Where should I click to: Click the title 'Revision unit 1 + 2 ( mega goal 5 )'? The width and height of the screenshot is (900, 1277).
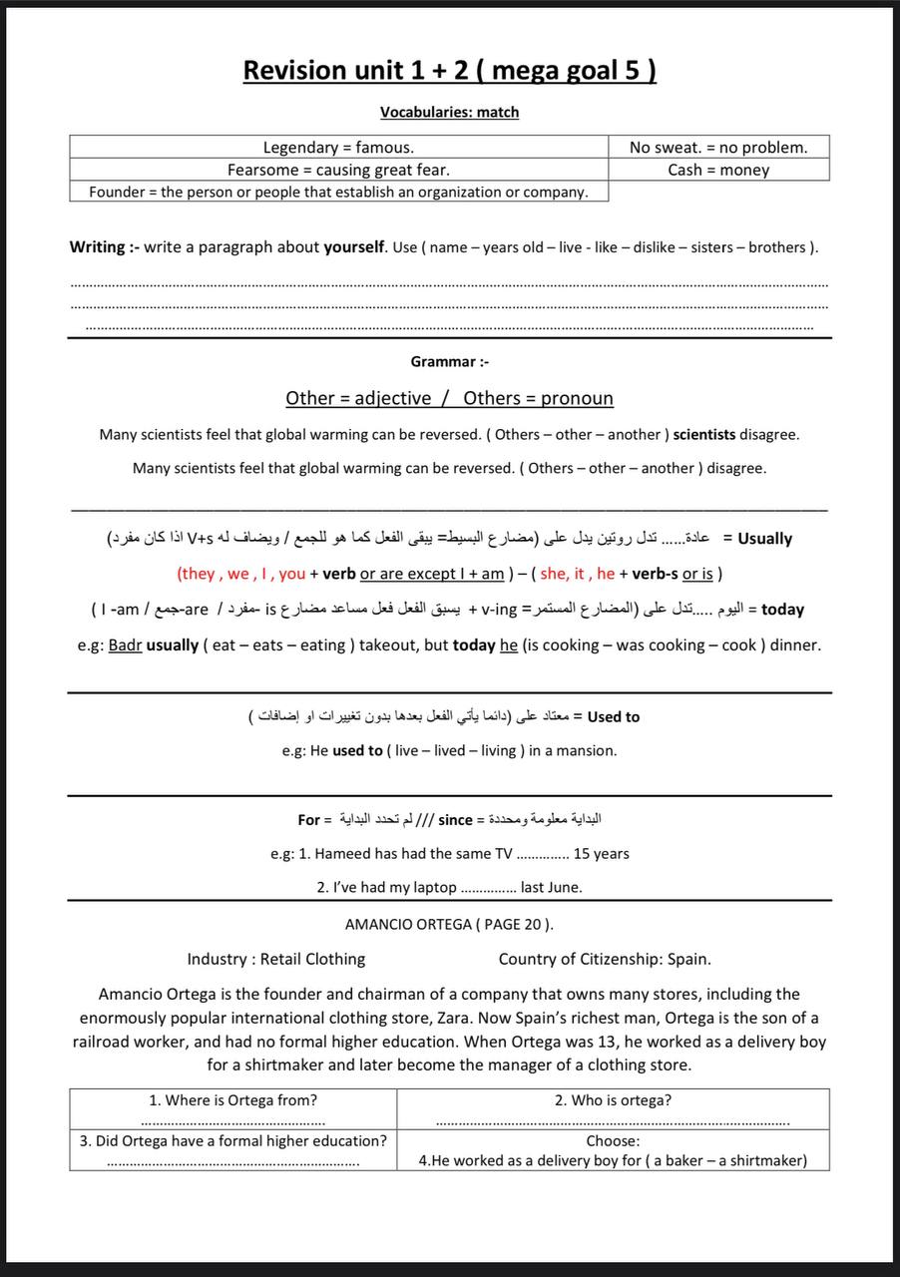[x=449, y=71]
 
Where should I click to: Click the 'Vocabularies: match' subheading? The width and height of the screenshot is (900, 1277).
[x=449, y=113]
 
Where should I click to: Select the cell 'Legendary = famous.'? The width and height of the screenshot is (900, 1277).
[x=338, y=148]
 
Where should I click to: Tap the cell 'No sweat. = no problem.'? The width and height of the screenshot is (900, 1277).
[x=718, y=148]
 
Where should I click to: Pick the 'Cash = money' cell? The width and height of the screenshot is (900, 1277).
[x=718, y=170]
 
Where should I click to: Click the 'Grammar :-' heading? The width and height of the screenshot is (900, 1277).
[x=449, y=361]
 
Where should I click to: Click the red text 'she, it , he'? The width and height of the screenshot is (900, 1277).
[x=578, y=574]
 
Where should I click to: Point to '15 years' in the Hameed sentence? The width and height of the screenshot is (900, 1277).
[x=602, y=854]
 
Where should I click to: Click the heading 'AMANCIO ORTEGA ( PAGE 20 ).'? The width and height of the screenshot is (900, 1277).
[x=449, y=925]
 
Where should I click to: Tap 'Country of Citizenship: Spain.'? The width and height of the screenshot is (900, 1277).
[x=605, y=960]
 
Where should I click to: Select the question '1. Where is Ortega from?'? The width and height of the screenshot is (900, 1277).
[x=232, y=1100]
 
